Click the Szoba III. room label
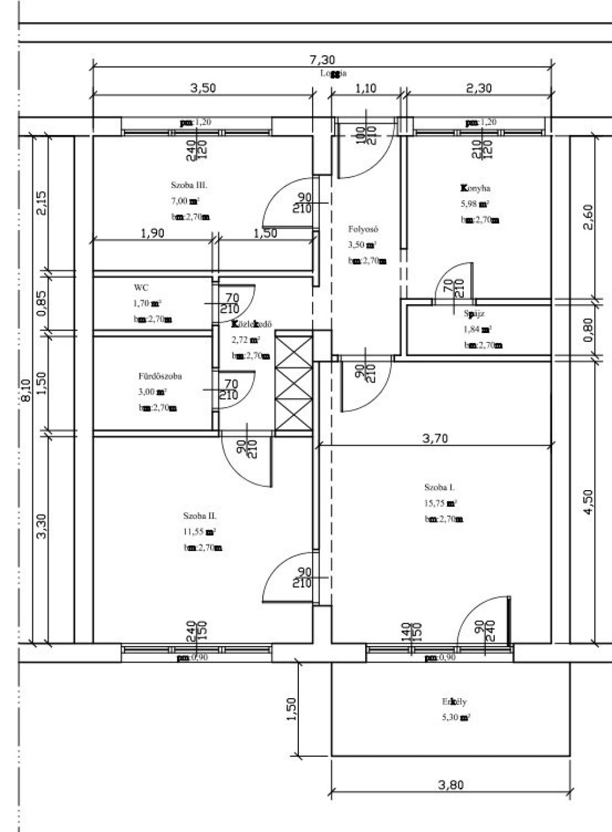[189, 185]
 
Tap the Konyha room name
[476, 188]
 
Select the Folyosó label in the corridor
[363, 229]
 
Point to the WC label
[141, 287]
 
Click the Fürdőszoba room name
[160, 377]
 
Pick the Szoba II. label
[200, 516]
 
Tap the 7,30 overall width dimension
[322, 60]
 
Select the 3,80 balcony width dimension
[451, 785]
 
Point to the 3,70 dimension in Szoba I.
[434, 438]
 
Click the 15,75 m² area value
[440, 503]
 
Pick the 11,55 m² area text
[200, 531]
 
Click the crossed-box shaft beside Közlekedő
[293, 383]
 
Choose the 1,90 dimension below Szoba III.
[152, 233]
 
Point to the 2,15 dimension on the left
[41, 204]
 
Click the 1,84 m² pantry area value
[478, 329]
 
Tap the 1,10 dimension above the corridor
[366, 88]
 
